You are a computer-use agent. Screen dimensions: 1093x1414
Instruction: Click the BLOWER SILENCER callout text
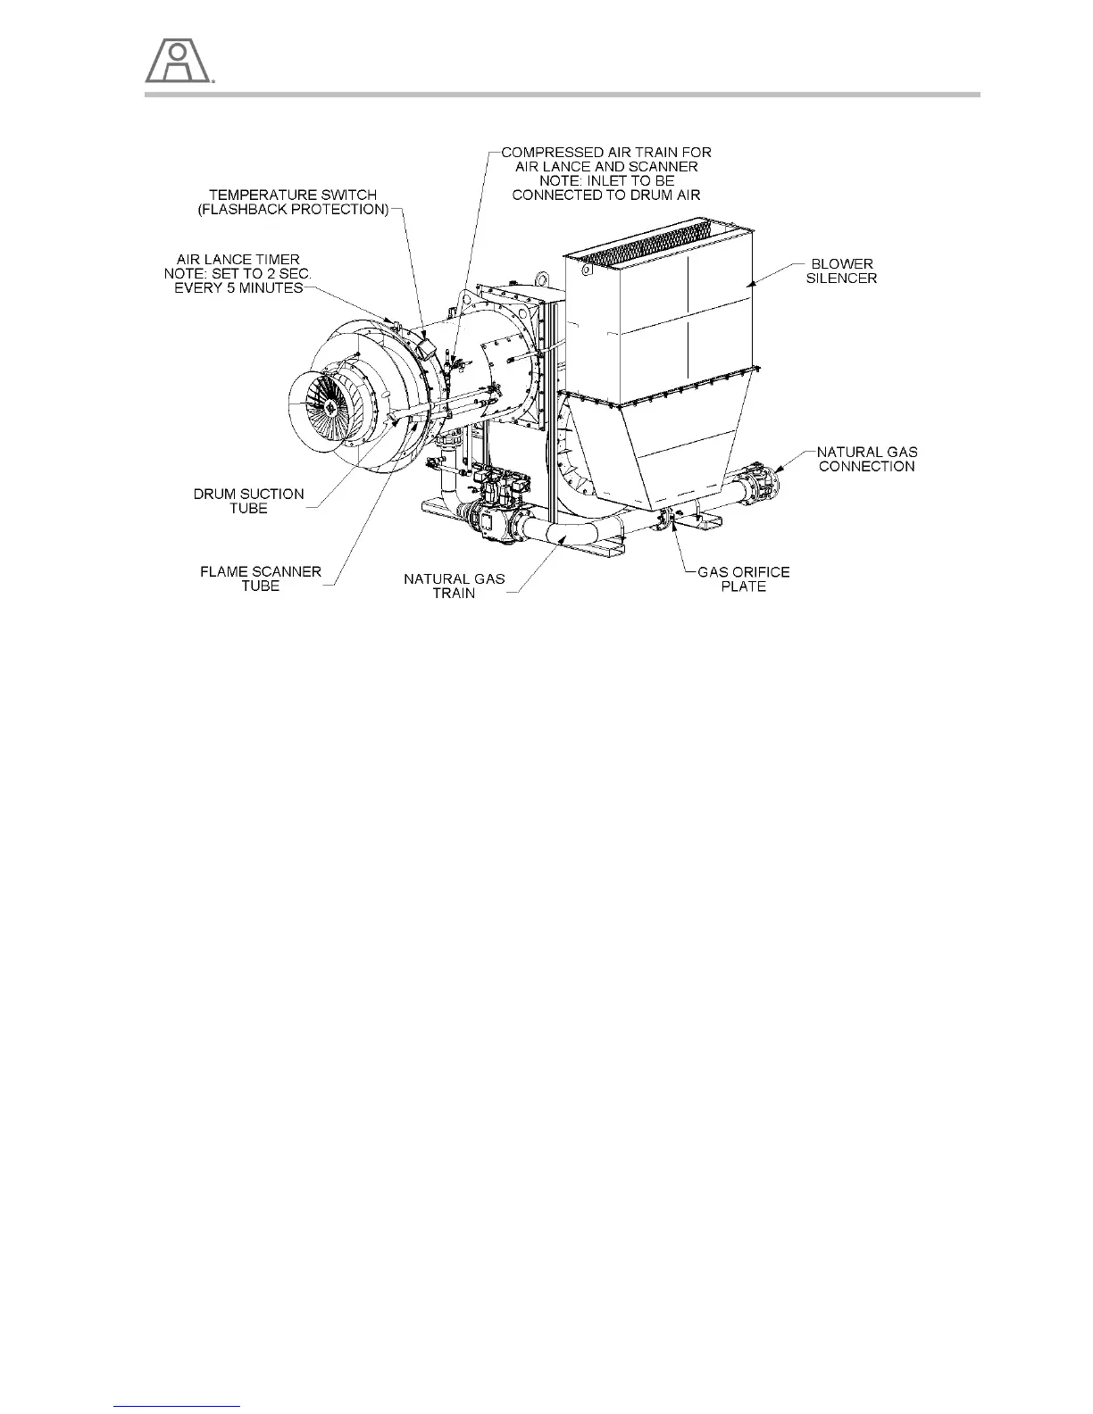tap(842, 270)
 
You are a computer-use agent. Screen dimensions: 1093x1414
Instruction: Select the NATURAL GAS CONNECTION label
tap(866, 459)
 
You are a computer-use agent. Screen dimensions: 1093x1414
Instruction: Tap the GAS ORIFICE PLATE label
tap(743, 578)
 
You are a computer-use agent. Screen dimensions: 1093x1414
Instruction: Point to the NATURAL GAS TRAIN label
tap(454, 586)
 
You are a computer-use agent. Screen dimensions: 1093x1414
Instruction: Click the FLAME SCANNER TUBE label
tap(260, 578)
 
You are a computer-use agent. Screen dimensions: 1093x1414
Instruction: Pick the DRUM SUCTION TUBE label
tap(248, 501)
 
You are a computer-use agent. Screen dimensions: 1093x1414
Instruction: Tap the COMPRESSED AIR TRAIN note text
tap(605, 173)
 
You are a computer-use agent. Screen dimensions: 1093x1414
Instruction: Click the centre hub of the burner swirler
tap(330, 407)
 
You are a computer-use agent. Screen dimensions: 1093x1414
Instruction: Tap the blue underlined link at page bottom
tap(178, 1406)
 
